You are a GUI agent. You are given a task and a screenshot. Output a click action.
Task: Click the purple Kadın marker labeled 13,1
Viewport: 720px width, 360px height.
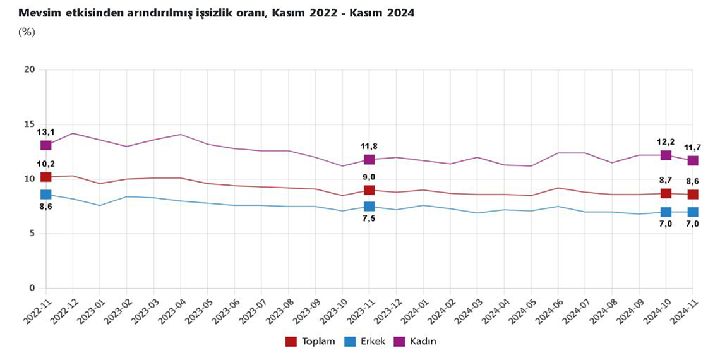pyautogui.click(x=45, y=145)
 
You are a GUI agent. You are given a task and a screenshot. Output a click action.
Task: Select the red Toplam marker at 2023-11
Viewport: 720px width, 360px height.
pyautogui.click(x=369, y=190)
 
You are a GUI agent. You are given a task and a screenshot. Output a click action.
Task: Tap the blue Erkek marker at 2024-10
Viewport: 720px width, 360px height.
pyautogui.click(x=666, y=212)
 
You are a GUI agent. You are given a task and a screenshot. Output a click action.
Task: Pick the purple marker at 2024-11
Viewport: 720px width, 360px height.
pyautogui.click(x=693, y=160)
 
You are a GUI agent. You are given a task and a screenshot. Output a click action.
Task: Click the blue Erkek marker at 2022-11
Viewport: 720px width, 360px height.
pyautogui.click(x=45, y=195)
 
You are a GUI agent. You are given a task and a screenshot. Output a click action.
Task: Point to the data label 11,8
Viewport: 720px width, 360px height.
pyautogui.click(x=369, y=146)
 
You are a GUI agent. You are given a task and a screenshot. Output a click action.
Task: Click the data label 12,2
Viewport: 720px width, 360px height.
pyautogui.click(x=666, y=141)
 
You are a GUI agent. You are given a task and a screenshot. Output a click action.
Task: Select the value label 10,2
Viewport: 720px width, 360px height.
pyautogui.click(x=45, y=164)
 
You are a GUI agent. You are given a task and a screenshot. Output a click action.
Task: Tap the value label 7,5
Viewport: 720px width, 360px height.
pyautogui.click(x=369, y=219)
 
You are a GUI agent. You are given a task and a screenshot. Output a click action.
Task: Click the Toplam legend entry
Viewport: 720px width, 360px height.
pyautogui.click(x=309, y=342)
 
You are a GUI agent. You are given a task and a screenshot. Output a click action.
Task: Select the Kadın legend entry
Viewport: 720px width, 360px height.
pyautogui.click(x=418, y=342)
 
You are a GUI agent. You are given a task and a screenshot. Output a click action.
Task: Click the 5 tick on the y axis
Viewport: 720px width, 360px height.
pyautogui.click(x=32, y=234)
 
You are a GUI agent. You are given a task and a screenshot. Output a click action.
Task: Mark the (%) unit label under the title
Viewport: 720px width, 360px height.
pyautogui.click(x=27, y=32)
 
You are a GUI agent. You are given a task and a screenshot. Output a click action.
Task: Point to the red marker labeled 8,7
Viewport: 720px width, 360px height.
pyautogui.click(x=666, y=193)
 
